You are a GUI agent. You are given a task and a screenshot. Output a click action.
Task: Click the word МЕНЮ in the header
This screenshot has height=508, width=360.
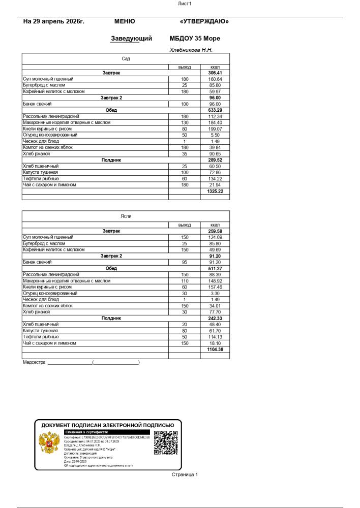(125, 22)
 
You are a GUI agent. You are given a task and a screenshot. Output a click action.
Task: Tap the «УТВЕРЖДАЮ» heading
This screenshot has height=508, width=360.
(204, 22)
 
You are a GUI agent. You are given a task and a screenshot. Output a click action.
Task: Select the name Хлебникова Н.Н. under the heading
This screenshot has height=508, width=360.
(191, 50)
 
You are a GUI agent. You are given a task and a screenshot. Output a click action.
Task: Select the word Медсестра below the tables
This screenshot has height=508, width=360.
(34, 363)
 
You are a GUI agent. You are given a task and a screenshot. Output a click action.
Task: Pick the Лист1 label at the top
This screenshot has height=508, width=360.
(184, 4)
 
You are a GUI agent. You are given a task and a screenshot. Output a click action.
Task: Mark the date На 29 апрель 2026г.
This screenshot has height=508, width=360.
(54, 22)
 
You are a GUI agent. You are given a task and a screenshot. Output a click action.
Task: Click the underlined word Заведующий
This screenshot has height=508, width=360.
(131, 39)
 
